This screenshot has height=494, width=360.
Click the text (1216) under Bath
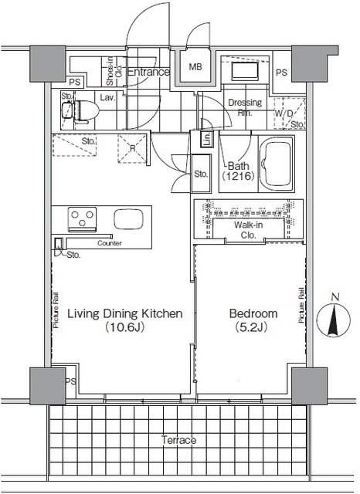pyautogui.click(x=236, y=177)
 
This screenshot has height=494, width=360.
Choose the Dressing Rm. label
pyautogui.click(x=244, y=107)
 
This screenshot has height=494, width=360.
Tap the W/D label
pyautogui.click(x=284, y=113)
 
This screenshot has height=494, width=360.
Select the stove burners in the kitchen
pyautogui.click(x=80, y=219)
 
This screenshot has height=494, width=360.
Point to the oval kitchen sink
pyautogui.click(x=125, y=219)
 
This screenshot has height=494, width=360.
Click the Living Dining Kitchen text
pyautogui.click(x=124, y=313)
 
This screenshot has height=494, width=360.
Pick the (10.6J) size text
pyautogui.click(x=124, y=327)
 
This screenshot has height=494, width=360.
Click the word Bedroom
pyautogui.click(x=253, y=313)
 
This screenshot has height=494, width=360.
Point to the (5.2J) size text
pyautogui.click(x=253, y=327)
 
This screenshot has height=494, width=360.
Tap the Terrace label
pyautogui.click(x=178, y=440)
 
